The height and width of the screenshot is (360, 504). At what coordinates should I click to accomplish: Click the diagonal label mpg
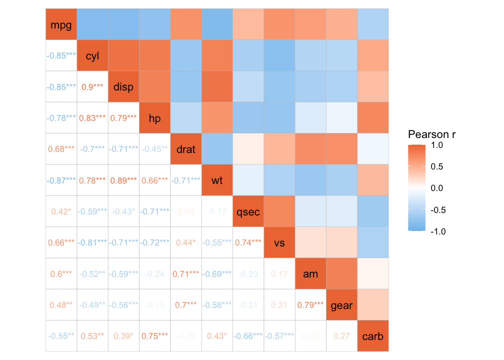[61, 24]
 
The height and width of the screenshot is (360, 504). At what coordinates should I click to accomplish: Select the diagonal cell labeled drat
[186, 149]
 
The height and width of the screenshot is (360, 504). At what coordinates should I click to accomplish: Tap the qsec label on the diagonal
[248, 211]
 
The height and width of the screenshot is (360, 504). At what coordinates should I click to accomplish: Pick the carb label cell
[372, 336]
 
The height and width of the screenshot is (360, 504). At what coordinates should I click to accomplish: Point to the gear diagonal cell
[341, 305]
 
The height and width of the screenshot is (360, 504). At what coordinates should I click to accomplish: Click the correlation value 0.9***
[92, 86]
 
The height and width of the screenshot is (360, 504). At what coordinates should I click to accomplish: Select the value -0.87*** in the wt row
[61, 180]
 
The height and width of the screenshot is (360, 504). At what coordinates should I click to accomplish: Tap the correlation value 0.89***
[123, 180]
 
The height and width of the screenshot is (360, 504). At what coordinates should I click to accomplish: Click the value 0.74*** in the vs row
[248, 242]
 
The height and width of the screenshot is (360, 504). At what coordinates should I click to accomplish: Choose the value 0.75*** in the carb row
[154, 336]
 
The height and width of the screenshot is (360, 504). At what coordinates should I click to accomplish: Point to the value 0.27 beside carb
[341, 336]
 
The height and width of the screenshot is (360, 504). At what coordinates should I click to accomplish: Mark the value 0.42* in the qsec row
[61, 211]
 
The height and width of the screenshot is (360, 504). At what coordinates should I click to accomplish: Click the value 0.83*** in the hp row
[92, 118]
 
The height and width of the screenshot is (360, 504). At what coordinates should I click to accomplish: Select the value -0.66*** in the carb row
[248, 336]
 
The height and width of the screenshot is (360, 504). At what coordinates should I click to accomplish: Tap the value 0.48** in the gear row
[61, 305]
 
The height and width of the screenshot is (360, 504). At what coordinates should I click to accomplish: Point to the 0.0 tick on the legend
[436, 188]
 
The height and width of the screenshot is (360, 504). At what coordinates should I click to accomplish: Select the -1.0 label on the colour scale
[435, 231]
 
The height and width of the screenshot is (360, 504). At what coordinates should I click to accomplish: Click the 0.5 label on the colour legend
[436, 166]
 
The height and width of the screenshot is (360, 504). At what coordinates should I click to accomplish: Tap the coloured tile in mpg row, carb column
[372, 24]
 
